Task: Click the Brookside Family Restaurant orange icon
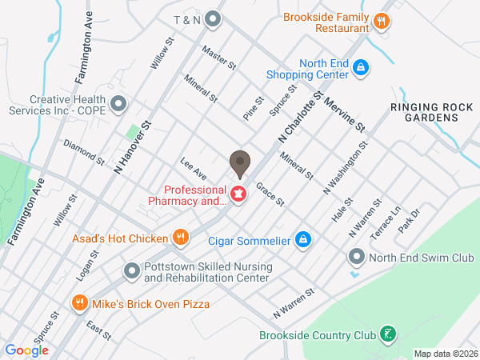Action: pyautogui.click(x=382, y=22)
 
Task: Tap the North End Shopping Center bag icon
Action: pyautogui.click(x=361, y=68)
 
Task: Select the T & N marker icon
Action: pyautogui.click(x=212, y=18)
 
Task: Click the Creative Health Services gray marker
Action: pyautogui.click(x=118, y=104)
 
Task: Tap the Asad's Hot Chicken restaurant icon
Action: pyautogui.click(x=181, y=238)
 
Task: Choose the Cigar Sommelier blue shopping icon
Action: pyautogui.click(x=303, y=239)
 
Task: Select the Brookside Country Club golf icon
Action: pyautogui.click(x=387, y=334)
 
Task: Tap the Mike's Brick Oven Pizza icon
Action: pyautogui.click(x=79, y=303)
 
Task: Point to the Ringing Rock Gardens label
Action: pyautogui.click(x=425, y=112)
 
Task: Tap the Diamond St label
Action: pyautogui.click(x=84, y=152)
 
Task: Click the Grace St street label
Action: pyautogui.click(x=270, y=194)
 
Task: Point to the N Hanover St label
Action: pyautogui.click(x=132, y=148)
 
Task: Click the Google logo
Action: pyautogui.click(x=27, y=350)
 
